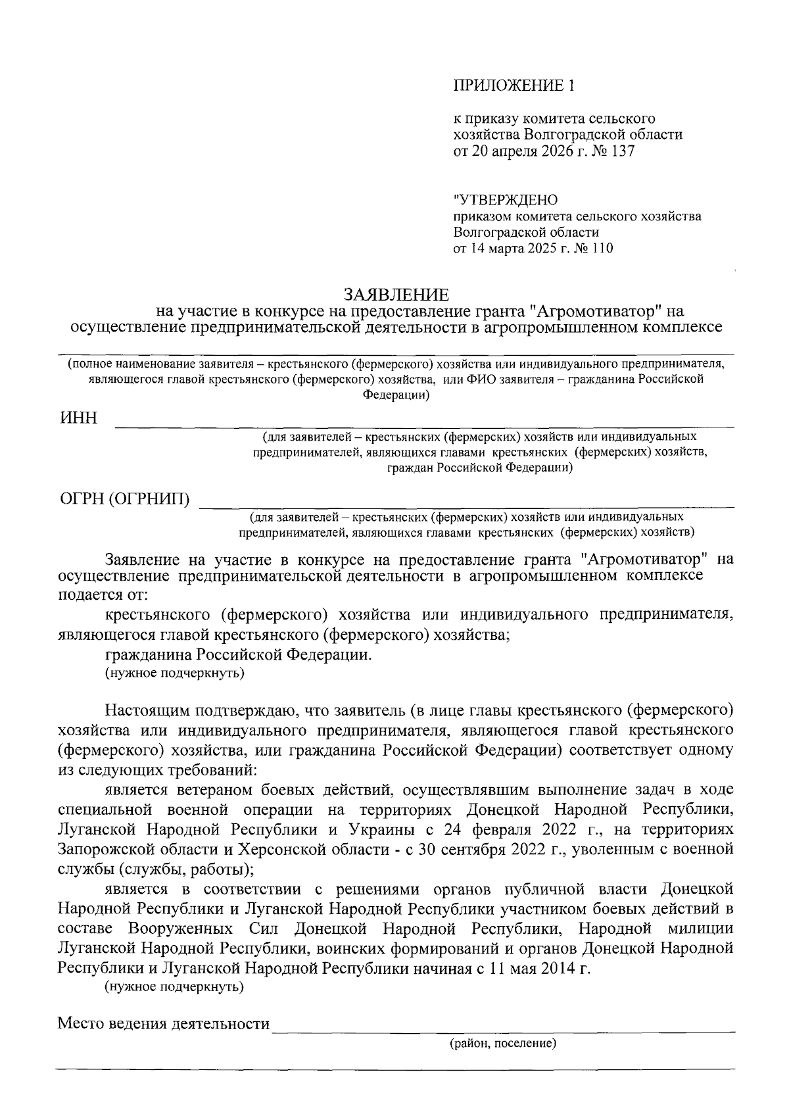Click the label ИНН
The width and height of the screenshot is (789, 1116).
point(78,418)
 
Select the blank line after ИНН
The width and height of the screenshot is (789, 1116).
point(424,426)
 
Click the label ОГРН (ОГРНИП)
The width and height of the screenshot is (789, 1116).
point(125,500)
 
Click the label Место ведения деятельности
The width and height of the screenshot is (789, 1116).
point(164,1024)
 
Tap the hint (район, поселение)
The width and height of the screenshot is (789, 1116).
point(503,1044)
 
